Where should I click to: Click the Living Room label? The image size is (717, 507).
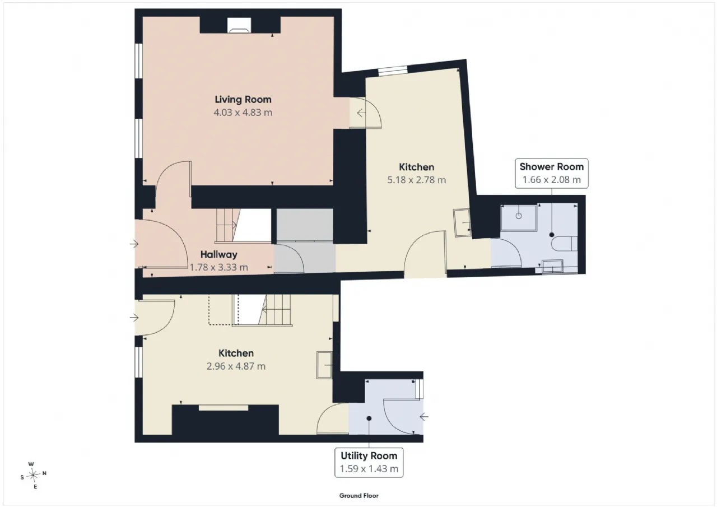click(x=243, y=100)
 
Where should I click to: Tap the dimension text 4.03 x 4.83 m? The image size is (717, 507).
click(x=243, y=113)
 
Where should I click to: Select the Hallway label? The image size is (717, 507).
click(x=218, y=254)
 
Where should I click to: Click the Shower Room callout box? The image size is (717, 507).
click(x=552, y=173)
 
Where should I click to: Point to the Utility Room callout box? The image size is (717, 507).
click(x=369, y=463)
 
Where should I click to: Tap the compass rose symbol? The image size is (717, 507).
click(x=33, y=475)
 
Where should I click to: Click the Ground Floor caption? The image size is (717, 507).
click(x=359, y=496)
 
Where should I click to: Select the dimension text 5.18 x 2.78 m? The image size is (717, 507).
click(x=416, y=180)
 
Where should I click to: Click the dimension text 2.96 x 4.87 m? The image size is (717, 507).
click(x=236, y=366)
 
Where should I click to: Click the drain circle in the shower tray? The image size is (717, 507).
click(x=519, y=216)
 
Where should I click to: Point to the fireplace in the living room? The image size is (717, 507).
click(x=239, y=25)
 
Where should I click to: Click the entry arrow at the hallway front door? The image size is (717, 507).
click(x=134, y=244)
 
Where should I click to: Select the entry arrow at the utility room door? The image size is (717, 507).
click(x=424, y=417)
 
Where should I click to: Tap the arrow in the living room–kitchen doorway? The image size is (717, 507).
click(x=361, y=113)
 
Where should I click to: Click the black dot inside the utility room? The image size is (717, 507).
click(x=369, y=418)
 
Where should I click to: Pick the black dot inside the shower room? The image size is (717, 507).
click(x=552, y=235)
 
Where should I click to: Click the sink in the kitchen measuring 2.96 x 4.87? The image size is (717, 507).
click(x=324, y=365)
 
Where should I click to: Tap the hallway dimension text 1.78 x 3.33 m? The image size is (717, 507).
click(x=218, y=267)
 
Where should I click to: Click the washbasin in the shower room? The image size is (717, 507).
click(x=552, y=266)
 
